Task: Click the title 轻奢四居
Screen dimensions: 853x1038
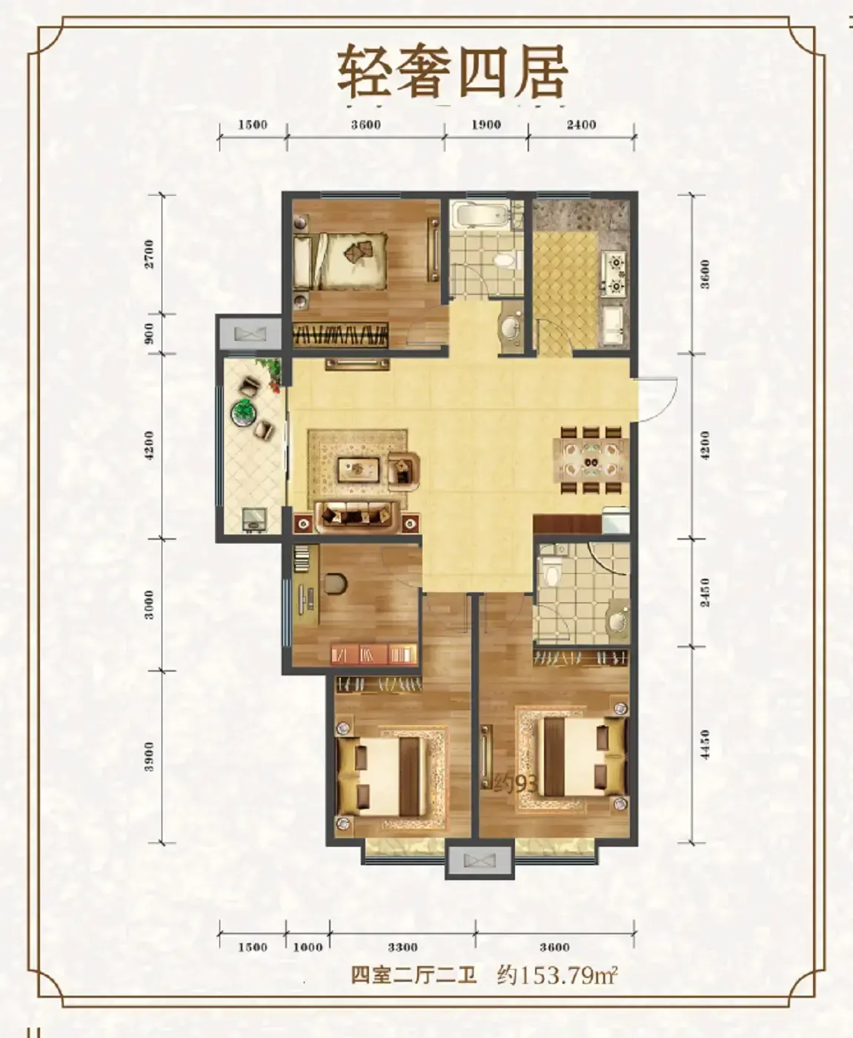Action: click(452, 72)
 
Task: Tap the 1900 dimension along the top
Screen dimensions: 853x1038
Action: click(486, 125)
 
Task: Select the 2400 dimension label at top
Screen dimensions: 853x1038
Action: click(581, 125)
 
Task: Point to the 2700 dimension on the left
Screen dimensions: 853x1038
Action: click(150, 254)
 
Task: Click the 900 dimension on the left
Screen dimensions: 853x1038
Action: click(150, 333)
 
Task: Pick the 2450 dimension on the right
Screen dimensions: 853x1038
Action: click(705, 592)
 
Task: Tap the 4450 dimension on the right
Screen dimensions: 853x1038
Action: click(705, 744)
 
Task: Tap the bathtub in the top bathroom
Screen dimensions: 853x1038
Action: click(479, 214)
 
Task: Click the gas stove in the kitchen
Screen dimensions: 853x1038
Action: click(613, 273)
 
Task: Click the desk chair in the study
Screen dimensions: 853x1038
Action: click(336, 584)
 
